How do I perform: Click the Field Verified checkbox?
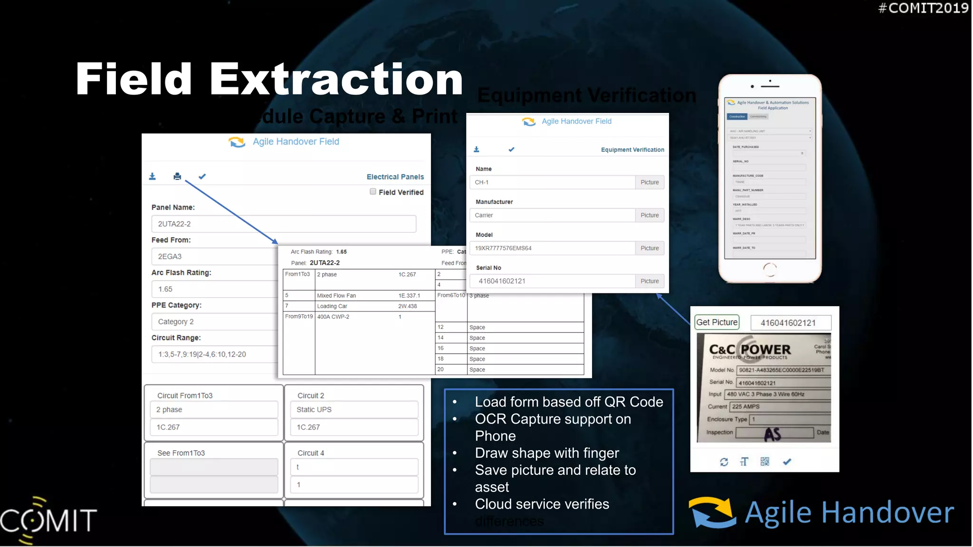(373, 192)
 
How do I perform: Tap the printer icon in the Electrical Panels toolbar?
(177, 177)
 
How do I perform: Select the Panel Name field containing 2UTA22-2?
(284, 224)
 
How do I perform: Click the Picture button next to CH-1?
(649, 182)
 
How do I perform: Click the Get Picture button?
(717, 322)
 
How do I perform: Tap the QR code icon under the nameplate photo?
(765, 462)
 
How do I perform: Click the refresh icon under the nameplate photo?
(724, 462)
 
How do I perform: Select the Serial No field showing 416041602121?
(552, 281)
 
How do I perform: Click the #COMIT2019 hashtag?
(923, 8)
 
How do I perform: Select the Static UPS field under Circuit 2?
(354, 410)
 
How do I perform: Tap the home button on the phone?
(770, 270)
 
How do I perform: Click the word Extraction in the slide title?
(336, 79)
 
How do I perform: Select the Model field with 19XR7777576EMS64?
(552, 248)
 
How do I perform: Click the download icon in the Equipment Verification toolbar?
(477, 150)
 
